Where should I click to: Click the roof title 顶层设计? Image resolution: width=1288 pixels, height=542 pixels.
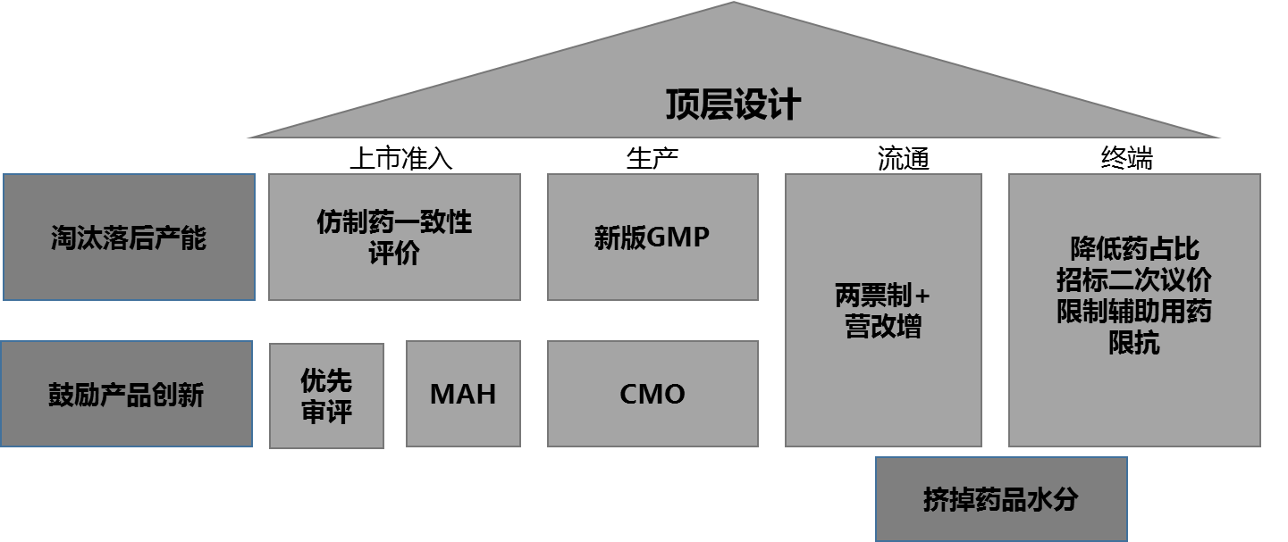733,105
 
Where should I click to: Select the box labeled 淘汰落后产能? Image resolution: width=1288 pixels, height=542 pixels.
129,238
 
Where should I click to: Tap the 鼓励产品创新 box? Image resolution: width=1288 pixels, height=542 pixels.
126,394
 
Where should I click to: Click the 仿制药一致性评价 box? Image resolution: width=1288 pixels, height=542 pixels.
394,237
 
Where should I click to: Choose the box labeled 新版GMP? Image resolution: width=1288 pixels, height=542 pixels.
652,238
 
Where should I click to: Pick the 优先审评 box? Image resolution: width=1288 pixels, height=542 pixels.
326,396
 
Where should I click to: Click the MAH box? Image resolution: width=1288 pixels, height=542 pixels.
463,394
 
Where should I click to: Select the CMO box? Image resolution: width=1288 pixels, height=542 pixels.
652,394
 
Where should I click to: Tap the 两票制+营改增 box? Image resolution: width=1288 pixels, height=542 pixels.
883,310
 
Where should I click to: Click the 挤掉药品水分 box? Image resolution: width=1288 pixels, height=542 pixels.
1001,499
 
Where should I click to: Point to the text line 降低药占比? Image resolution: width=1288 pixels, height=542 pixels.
1134,248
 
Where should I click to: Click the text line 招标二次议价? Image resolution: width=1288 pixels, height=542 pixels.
1134,279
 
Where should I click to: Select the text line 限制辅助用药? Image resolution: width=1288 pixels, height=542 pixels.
1134,312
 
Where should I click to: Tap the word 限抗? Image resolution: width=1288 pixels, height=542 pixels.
1134,343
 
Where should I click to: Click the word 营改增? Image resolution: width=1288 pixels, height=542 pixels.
883,327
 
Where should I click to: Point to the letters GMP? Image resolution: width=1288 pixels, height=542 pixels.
678,238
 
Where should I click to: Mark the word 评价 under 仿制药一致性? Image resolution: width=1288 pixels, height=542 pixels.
394,254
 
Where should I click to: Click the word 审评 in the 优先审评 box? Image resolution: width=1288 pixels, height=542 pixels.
326,412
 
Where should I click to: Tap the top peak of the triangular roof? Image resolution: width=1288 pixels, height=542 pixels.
734,4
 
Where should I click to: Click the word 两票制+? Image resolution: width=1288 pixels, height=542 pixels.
883,295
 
